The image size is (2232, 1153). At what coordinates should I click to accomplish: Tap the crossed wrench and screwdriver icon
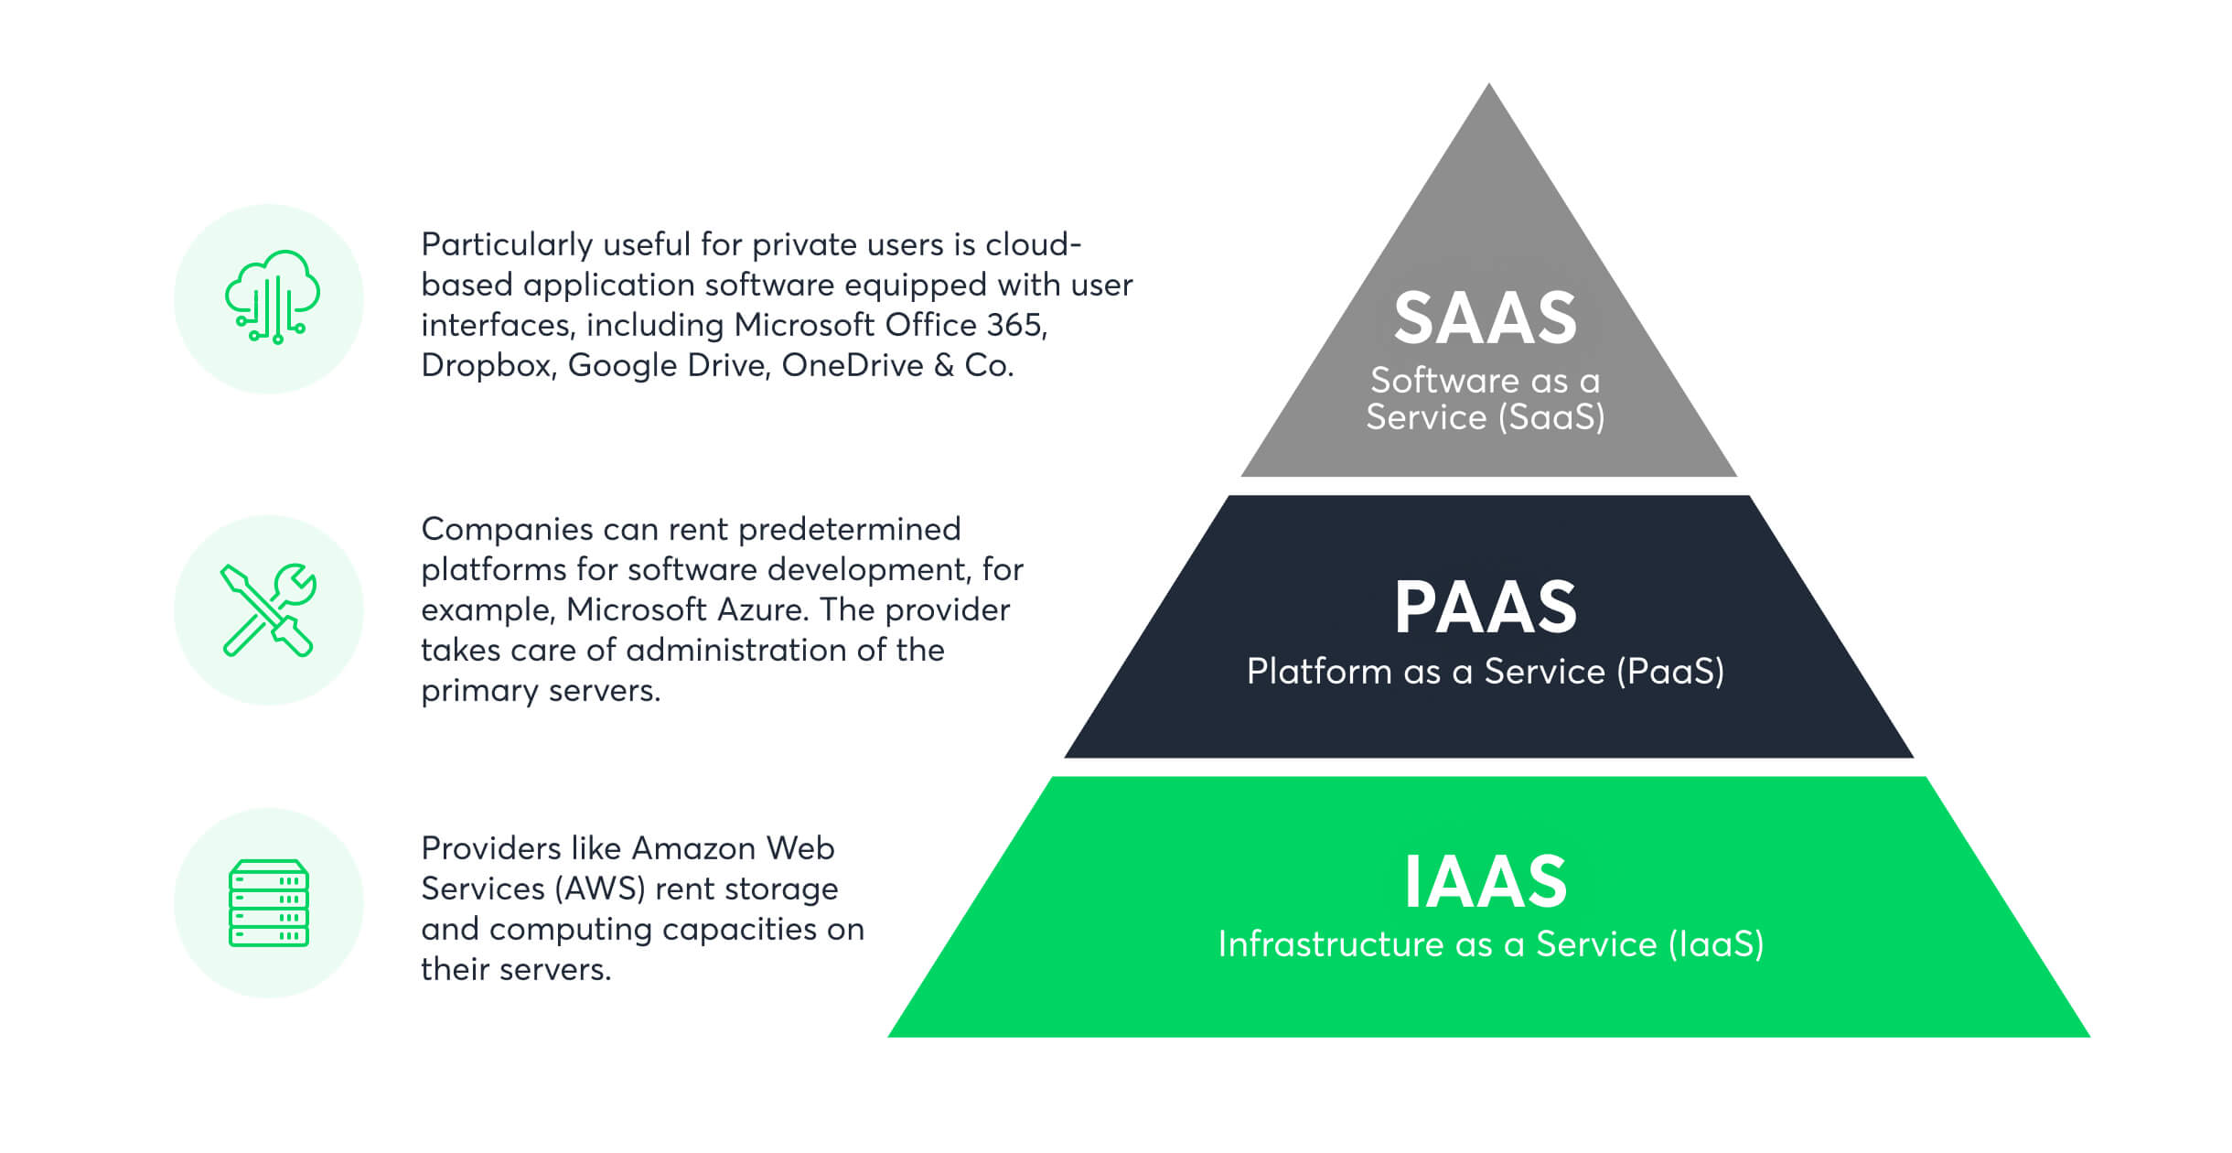pos(268,609)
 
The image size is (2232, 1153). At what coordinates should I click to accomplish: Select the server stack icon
pos(268,902)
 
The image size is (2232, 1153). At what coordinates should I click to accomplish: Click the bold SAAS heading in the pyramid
pos(1486,318)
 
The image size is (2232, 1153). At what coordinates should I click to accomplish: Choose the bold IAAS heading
pos(1486,881)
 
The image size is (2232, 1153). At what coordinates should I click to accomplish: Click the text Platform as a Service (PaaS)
pos(1486,672)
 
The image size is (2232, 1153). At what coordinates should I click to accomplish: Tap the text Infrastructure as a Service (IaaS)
pos(1490,944)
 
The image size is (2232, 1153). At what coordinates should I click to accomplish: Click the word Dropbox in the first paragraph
pos(488,366)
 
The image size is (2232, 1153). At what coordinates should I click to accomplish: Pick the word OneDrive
pos(853,365)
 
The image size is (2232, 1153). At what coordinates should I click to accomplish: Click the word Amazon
pos(692,848)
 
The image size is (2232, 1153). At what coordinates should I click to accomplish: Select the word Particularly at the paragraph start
pos(507,245)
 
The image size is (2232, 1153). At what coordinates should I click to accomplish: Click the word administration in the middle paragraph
pos(737,650)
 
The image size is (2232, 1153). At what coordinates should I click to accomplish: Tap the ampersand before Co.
pos(944,365)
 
